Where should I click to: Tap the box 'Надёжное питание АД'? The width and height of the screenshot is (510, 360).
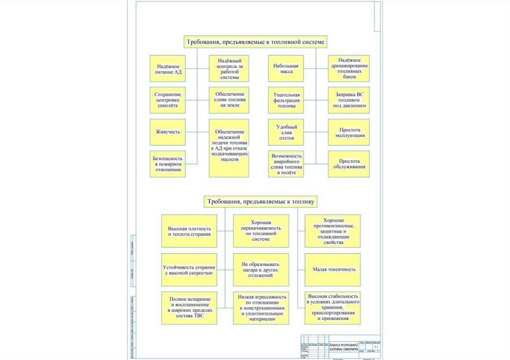[168, 69]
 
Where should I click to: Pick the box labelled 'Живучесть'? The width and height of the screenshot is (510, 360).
[168, 132]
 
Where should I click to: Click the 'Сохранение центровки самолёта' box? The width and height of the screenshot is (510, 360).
[168, 100]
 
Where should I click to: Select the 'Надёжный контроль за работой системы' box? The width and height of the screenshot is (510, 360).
[229, 69]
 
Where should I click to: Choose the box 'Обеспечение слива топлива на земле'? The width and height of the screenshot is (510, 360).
[229, 100]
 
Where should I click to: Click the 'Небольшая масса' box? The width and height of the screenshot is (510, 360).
[286, 69]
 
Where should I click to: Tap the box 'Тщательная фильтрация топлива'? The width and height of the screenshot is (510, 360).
[286, 100]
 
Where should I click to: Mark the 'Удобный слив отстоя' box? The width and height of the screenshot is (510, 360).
[286, 132]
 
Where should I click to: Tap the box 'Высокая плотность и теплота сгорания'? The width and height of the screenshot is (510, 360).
[189, 231]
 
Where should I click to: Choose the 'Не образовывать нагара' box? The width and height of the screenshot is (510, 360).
[261, 269]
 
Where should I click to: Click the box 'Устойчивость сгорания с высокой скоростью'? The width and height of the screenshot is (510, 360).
[189, 269]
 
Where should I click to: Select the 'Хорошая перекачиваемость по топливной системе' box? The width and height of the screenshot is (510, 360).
[261, 231]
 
